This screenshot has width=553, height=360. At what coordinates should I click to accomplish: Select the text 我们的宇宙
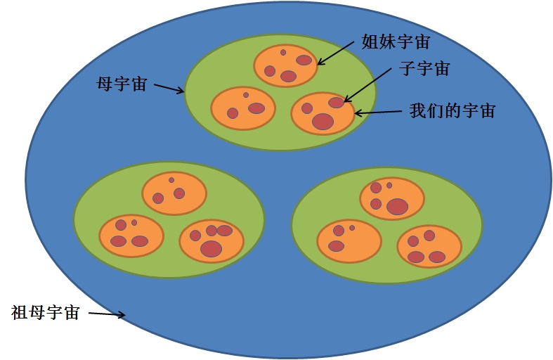pyautogui.click(x=453, y=110)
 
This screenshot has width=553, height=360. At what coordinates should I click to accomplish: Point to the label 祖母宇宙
pyautogui.click(x=46, y=312)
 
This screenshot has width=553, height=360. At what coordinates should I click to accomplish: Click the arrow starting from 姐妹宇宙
pyautogui.click(x=336, y=53)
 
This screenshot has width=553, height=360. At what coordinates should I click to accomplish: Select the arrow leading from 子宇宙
pyautogui.click(x=366, y=85)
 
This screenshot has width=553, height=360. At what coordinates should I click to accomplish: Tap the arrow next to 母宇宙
pyautogui.click(x=169, y=88)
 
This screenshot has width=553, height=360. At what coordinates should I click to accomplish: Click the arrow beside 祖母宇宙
pyautogui.click(x=106, y=314)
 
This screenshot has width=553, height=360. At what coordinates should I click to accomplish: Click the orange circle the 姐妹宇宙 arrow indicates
pyautogui.click(x=286, y=65)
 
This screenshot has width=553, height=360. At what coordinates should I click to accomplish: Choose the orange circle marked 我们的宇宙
pyautogui.click(x=323, y=113)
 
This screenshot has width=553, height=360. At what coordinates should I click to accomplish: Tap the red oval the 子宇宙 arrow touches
pyautogui.click(x=336, y=103)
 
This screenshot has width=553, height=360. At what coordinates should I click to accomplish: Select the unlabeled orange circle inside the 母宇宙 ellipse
pyautogui.click(x=243, y=108)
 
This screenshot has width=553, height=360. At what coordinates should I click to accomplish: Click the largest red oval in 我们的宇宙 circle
pyautogui.click(x=323, y=121)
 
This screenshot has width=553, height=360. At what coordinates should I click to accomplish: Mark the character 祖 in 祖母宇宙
pyautogui.click(x=20, y=312)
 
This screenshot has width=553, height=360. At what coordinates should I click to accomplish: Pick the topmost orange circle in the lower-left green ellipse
pyautogui.click(x=174, y=193)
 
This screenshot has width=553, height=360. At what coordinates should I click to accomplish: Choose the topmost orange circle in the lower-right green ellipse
pyautogui.click(x=392, y=198)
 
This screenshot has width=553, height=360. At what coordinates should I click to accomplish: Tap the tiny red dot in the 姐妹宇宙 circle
pyautogui.click(x=283, y=53)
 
